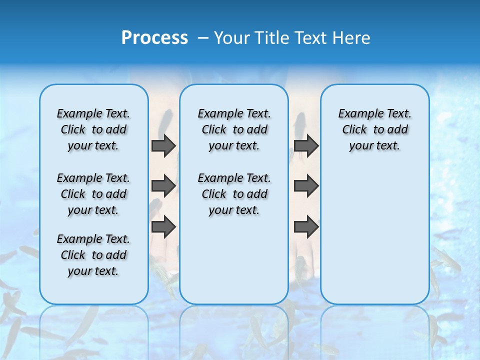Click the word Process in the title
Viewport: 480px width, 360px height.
(154, 38)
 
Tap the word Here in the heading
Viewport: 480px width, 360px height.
(352, 38)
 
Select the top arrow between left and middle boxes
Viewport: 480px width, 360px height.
(163, 146)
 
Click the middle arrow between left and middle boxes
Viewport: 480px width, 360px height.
(163, 186)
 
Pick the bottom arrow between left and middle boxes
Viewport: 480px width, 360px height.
(163, 226)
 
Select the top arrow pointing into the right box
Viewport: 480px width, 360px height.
(306, 146)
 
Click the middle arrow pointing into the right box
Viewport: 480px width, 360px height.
(306, 186)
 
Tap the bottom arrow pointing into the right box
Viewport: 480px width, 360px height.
(306, 227)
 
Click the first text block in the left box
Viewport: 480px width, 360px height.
(93, 129)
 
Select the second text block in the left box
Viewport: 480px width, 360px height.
(93, 194)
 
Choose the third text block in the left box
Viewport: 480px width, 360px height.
(93, 255)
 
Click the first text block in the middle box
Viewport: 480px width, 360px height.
(234, 129)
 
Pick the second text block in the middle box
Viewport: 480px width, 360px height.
(234, 194)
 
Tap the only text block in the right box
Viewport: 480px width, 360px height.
(374, 129)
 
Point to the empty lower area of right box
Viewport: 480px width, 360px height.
(374, 235)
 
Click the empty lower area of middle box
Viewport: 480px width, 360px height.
(234, 260)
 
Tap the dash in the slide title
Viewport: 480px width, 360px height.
(203, 38)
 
